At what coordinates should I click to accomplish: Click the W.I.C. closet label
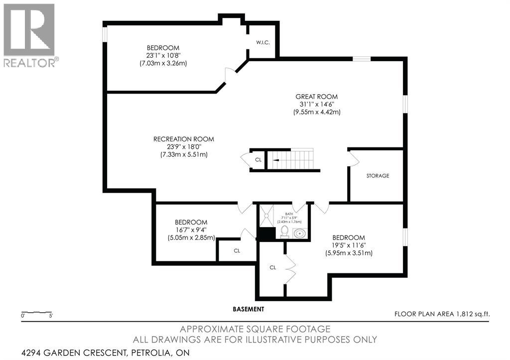263,43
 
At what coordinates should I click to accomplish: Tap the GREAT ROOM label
316,97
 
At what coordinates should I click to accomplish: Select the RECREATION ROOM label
184,139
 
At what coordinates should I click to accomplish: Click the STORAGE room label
378,176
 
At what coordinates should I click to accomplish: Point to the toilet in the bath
284,232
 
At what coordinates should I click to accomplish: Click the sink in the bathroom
299,233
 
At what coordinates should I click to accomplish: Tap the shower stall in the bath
266,215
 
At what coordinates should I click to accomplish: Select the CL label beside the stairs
258,160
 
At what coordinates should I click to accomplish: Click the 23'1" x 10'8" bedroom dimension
163,56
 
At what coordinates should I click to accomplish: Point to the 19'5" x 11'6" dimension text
349,245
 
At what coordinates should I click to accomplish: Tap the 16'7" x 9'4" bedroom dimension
191,230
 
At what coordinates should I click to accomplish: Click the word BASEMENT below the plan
249,309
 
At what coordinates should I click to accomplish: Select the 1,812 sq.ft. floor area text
471,314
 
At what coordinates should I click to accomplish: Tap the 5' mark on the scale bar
50,316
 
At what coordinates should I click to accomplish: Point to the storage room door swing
354,159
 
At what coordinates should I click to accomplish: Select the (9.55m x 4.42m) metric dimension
316,112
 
